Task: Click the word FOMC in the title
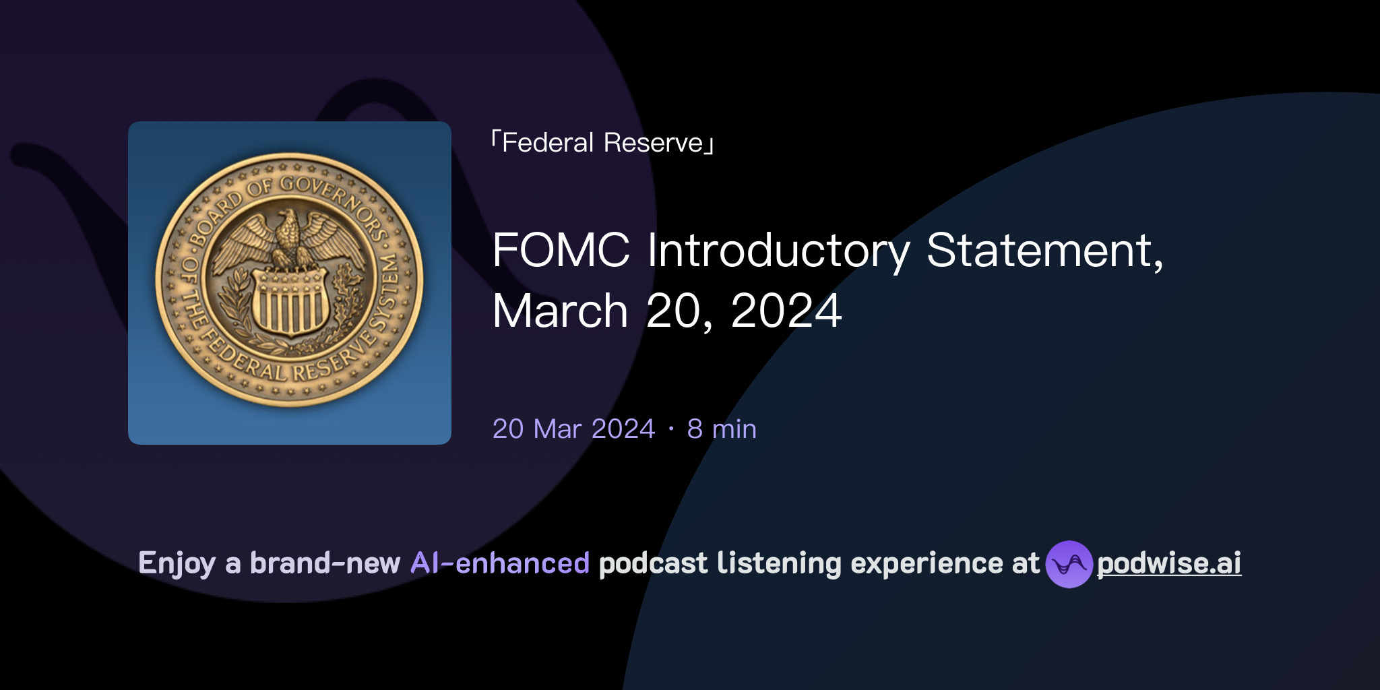(x=561, y=251)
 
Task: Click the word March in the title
(x=560, y=311)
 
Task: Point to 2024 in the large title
(x=786, y=311)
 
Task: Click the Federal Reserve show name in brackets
(x=602, y=143)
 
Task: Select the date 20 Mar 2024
(x=573, y=429)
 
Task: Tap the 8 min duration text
(x=722, y=429)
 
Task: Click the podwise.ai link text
(x=1169, y=563)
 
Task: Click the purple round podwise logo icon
(x=1069, y=564)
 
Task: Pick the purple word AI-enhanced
(x=500, y=563)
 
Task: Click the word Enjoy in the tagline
(x=177, y=564)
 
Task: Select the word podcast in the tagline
(x=653, y=563)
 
